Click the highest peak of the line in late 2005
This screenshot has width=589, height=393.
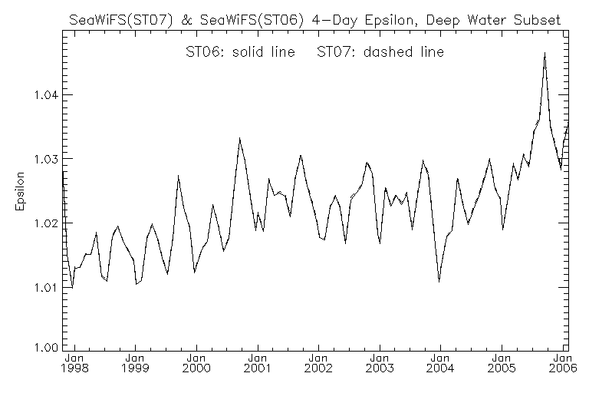[x=545, y=53]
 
